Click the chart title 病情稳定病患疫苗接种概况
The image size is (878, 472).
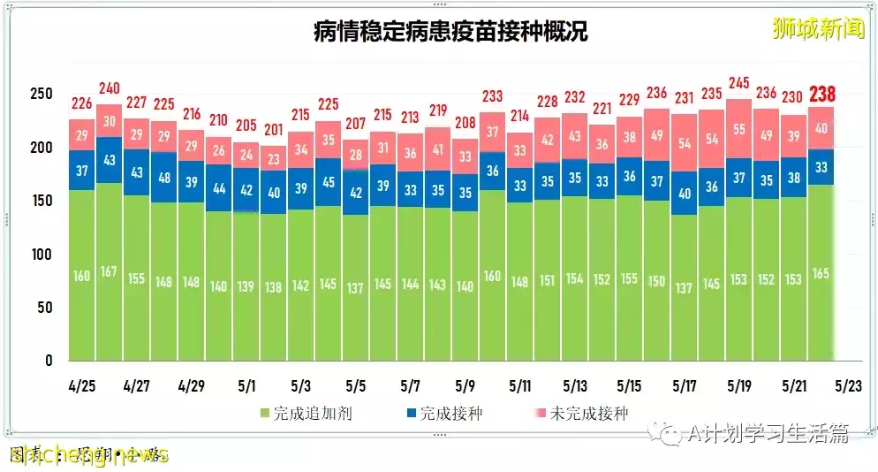click(450, 32)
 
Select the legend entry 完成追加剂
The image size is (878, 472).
click(305, 413)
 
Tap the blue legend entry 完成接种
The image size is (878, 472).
click(443, 413)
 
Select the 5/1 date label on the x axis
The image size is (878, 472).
click(246, 386)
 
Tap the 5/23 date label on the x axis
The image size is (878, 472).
click(849, 386)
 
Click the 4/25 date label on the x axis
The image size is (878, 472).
click(82, 386)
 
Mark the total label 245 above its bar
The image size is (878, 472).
click(738, 85)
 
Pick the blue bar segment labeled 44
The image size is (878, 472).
click(219, 187)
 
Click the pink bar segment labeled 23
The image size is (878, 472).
click(275, 159)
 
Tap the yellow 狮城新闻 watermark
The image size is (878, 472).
click(818, 28)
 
